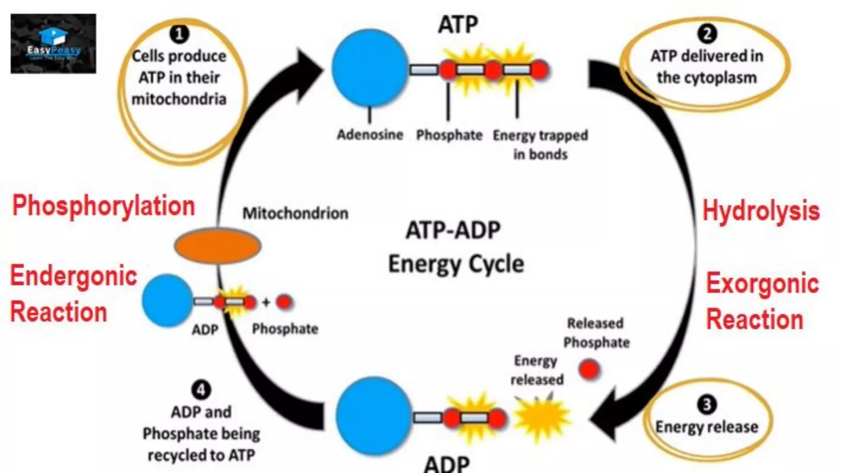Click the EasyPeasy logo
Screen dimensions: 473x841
click(x=53, y=44)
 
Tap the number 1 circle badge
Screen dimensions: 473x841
click(x=179, y=34)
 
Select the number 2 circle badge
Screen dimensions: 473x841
click(x=707, y=34)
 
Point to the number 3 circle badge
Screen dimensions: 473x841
click(x=707, y=405)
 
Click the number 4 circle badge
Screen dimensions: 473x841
click(x=201, y=390)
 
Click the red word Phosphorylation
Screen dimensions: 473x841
click(x=103, y=206)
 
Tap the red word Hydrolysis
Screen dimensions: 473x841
click(x=761, y=211)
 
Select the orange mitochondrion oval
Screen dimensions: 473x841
click(x=218, y=246)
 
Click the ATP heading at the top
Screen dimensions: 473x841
click(x=458, y=25)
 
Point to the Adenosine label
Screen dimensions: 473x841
click(x=370, y=135)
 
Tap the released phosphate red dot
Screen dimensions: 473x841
click(x=589, y=369)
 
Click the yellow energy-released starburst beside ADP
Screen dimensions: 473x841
click(x=541, y=416)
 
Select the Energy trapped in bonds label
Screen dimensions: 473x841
click(x=540, y=145)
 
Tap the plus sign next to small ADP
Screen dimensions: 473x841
click(x=266, y=303)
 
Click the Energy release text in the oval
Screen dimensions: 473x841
click(x=707, y=427)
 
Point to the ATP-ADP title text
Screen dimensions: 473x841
click(x=453, y=230)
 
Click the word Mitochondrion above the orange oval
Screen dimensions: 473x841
click(x=295, y=214)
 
